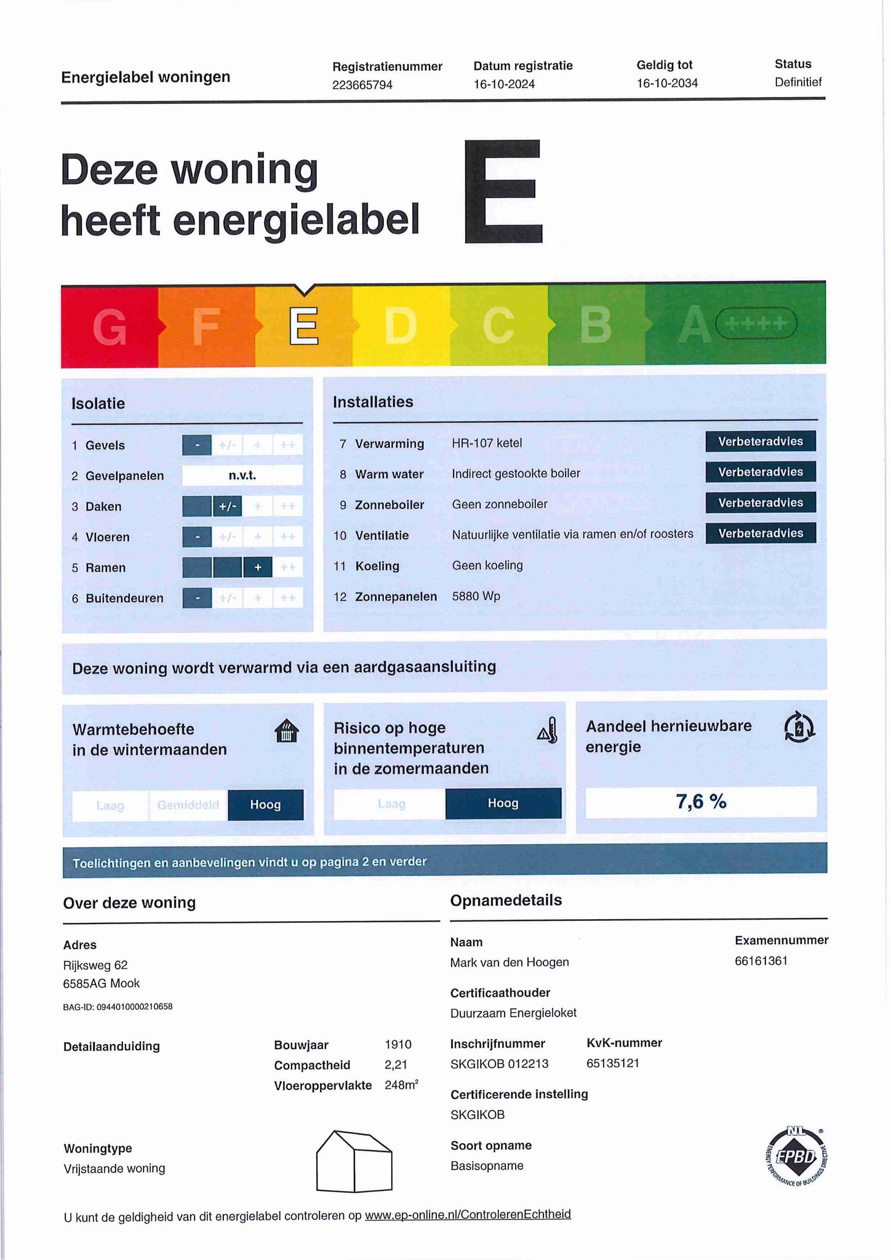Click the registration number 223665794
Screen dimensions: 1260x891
click(x=362, y=85)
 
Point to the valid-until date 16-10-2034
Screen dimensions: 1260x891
click(x=667, y=84)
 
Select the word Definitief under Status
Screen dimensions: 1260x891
click(x=798, y=82)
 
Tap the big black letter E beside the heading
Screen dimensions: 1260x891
click(x=503, y=191)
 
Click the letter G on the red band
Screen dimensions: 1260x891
click(x=110, y=327)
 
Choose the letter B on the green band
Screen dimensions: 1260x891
click(x=596, y=324)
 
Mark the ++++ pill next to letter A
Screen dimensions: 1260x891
click(x=756, y=324)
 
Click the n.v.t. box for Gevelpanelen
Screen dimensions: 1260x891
click(x=242, y=476)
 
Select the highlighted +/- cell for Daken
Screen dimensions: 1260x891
click(x=227, y=506)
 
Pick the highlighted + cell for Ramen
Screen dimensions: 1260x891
click(x=258, y=567)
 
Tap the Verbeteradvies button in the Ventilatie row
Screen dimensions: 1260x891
click(x=761, y=533)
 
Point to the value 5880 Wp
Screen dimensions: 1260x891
click(x=476, y=596)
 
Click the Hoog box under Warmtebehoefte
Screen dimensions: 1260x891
click(x=265, y=805)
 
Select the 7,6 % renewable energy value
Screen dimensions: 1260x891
click(x=701, y=802)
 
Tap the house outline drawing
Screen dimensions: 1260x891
click(x=354, y=1161)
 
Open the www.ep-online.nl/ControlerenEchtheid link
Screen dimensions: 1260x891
click(x=468, y=1214)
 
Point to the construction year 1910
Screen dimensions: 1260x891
click(x=398, y=1044)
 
